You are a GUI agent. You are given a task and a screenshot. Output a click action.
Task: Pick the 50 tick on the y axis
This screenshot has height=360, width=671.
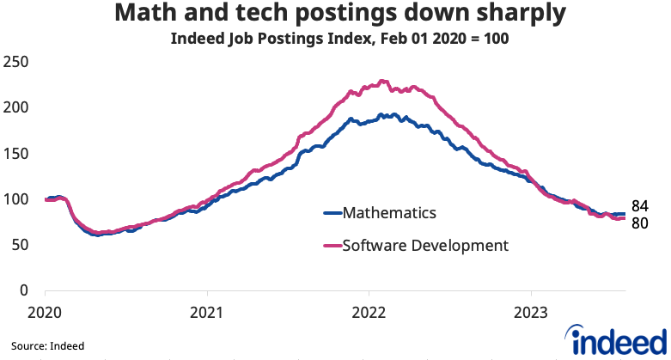click(x=19, y=246)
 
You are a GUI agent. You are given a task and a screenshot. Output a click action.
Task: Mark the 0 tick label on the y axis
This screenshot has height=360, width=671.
click(x=23, y=291)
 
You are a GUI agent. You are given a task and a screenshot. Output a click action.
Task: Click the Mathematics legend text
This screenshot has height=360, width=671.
click(x=388, y=213)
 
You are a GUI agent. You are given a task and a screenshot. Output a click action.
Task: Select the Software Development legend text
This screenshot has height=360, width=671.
click(x=425, y=246)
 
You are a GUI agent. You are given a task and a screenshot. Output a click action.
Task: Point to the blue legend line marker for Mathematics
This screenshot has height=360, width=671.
click(x=332, y=213)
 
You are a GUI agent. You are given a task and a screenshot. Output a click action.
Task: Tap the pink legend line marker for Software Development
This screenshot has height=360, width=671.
click(x=332, y=246)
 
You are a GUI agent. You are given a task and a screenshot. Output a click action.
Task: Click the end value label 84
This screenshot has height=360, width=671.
click(x=640, y=206)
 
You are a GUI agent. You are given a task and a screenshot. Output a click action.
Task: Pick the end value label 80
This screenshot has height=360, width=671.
click(x=640, y=223)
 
